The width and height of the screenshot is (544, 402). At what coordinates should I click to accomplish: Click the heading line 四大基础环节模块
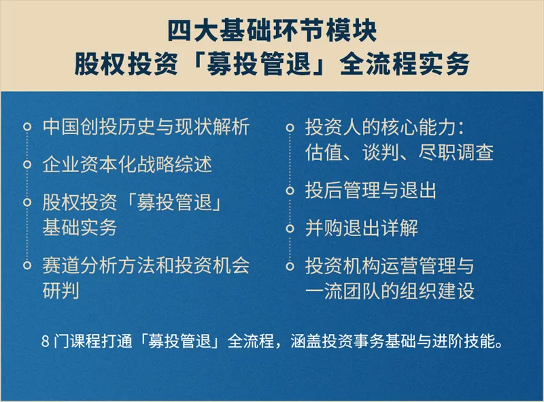(x=272, y=31)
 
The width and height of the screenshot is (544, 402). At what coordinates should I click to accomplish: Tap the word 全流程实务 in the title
(x=405, y=64)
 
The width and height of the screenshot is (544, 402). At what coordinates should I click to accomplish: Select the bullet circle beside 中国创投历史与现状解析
(x=27, y=127)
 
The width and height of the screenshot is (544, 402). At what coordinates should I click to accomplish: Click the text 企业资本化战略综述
(x=127, y=164)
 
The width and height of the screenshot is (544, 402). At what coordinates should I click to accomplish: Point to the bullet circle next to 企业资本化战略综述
(x=27, y=164)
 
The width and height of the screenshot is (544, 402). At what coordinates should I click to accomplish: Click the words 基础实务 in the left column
(x=80, y=228)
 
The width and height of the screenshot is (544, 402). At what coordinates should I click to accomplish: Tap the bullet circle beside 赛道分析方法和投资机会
(x=27, y=265)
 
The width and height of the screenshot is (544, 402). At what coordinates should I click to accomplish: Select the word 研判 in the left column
(x=61, y=291)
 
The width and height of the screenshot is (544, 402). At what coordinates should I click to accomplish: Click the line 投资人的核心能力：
(x=384, y=127)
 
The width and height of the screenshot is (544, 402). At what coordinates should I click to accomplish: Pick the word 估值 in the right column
(x=324, y=152)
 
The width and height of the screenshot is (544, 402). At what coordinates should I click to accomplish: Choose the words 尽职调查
(x=456, y=152)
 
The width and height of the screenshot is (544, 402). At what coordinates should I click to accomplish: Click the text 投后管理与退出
(x=371, y=190)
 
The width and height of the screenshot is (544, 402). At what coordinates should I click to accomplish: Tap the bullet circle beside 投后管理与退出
(x=290, y=190)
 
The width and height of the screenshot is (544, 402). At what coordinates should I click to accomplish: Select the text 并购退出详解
(x=362, y=228)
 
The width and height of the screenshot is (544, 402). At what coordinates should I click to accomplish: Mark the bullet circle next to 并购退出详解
(x=290, y=229)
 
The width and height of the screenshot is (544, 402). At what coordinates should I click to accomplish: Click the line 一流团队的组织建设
(x=390, y=291)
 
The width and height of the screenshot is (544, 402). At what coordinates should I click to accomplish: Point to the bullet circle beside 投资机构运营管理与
(x=290, y=266)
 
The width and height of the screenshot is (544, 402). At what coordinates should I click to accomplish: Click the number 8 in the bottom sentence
(x=46, y=341)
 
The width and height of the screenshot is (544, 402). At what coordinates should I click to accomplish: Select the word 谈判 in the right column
(x=381, y=152)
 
